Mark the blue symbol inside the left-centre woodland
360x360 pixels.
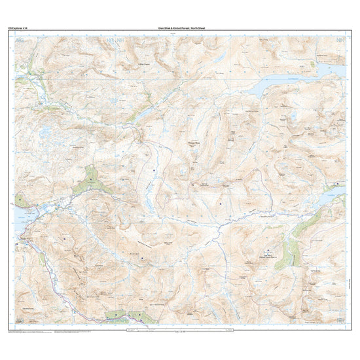pos(89,177)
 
